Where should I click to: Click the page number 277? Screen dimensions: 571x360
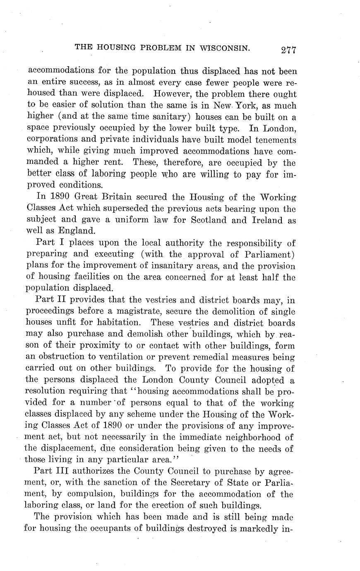click(x=288, y=50)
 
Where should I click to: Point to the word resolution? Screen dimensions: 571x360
click(x=47, y=391)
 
